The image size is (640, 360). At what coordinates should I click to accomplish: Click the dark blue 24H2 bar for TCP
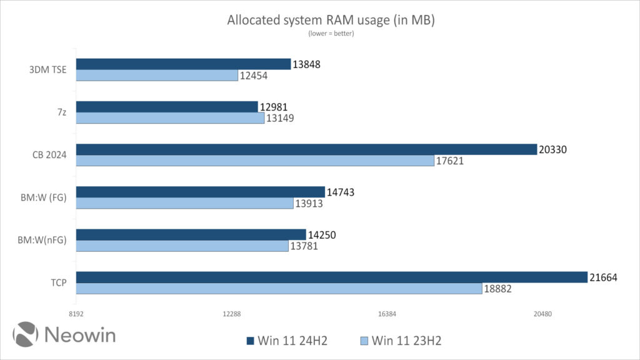[331, 277]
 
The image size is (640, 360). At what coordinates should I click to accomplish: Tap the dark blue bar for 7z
[167, 107]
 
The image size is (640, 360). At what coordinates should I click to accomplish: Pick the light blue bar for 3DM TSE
[157, 76]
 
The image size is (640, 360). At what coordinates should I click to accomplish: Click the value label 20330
[554, 149]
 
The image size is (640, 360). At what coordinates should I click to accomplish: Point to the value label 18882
[500, 289]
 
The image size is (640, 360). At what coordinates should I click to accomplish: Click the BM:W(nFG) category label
[44, 240]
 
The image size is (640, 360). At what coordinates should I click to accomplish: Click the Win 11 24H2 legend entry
[287, 341]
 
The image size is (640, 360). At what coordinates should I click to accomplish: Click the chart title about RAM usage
[331, 21]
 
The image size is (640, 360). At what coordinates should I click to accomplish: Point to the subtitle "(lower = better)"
[331, 34]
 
